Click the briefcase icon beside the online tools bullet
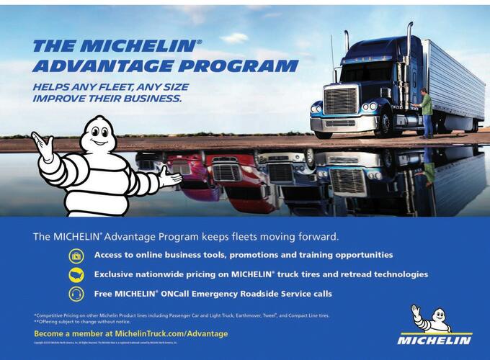tap(76, 256)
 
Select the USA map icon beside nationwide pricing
tap(76, 275)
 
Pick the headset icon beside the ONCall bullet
tap(76, 294)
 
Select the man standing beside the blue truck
tap(427, 112)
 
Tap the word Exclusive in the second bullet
tap(119, 275)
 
